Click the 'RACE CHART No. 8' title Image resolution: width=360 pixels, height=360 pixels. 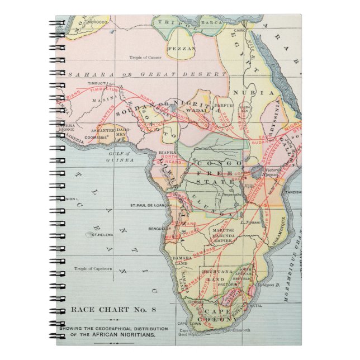pos(103,310)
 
